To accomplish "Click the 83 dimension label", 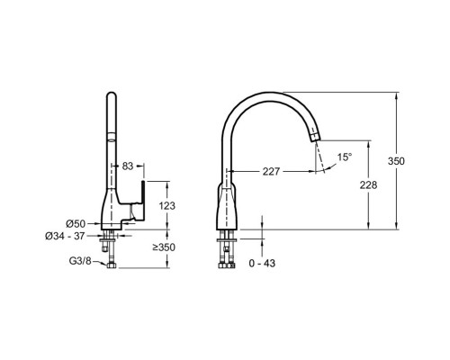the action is (128, 166).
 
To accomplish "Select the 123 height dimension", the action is (166, 206).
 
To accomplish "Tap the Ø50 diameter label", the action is (76, 223).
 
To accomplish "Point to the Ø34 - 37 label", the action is (65, 236).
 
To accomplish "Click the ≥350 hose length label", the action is (164, 247).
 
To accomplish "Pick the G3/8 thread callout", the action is (80, 261).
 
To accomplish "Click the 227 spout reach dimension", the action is (271, 172).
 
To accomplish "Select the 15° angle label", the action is (345, 157).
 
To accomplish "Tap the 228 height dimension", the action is (368, 185).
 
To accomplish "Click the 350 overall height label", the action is (396, 161).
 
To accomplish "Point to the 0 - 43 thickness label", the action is (262, 263).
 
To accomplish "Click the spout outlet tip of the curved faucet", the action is (315, 138).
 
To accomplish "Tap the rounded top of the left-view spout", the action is (112, 95).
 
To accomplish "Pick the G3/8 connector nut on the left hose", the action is (112, 265).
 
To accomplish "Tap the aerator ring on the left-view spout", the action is (112, 136).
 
